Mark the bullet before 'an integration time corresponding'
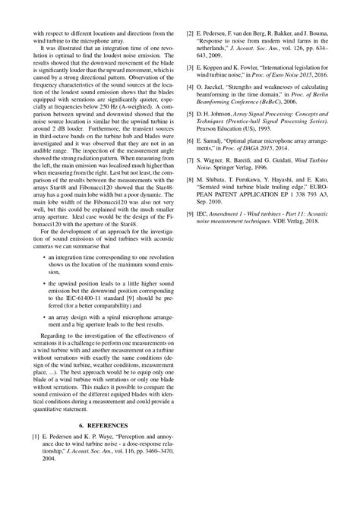point(43,258)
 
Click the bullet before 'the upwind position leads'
point(43,280)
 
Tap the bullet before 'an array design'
point(43,315)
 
